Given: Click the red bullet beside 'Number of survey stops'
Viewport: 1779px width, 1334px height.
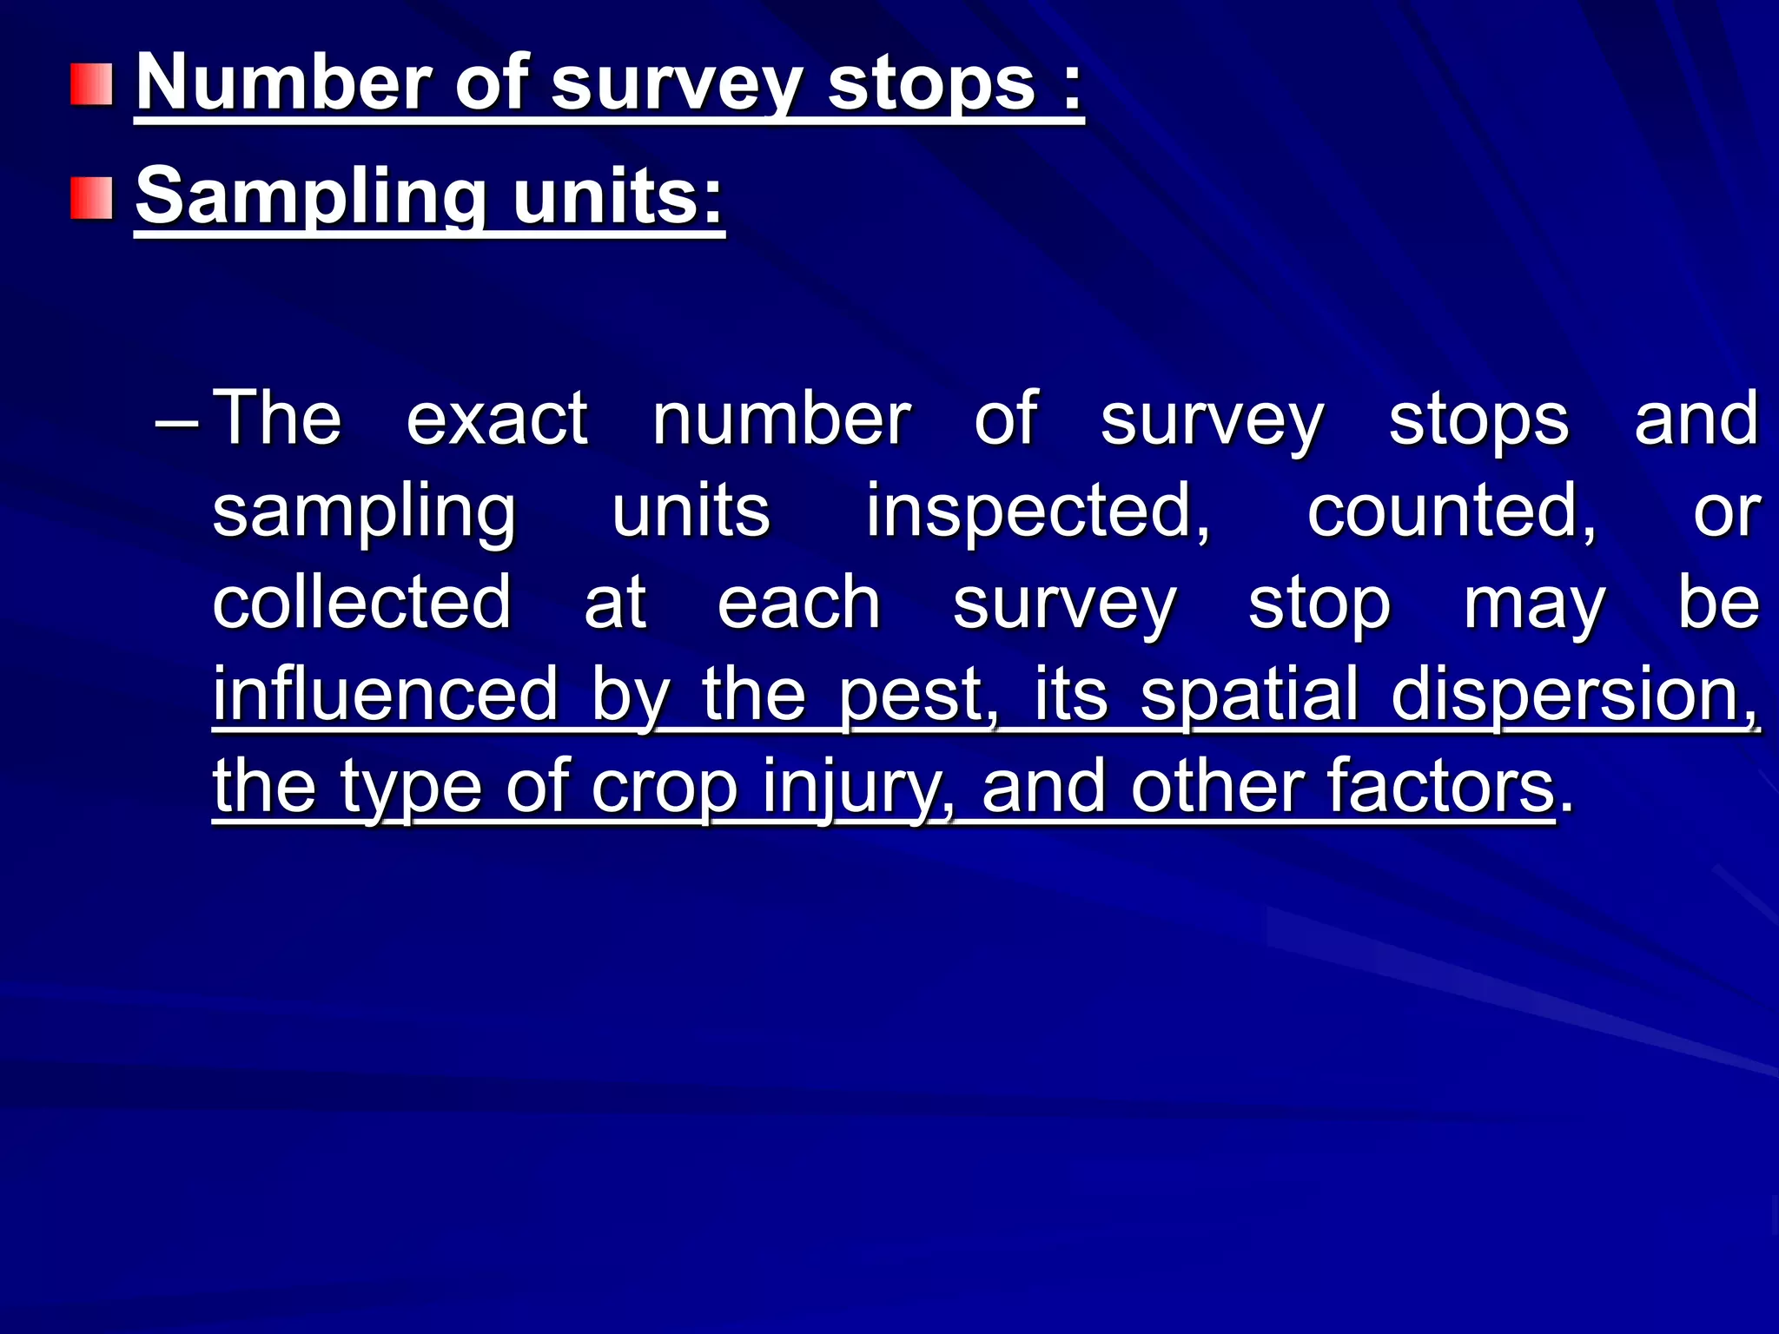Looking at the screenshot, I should tap(92, 84).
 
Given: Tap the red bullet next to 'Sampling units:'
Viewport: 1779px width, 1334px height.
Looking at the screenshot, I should tap(92, 197).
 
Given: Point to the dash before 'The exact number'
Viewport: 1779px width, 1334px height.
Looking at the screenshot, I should tap(177, 425).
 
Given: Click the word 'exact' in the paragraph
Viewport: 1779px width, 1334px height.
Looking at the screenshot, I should tap(497, 419).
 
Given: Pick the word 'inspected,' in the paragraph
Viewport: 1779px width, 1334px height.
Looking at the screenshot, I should tap(1037, 512).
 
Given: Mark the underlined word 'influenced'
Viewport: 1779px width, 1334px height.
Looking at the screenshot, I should tap(386, 694).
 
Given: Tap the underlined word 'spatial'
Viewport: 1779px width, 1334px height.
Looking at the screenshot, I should tap(1249, 696).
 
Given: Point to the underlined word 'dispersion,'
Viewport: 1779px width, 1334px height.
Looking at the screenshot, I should tap(1574, 696).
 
